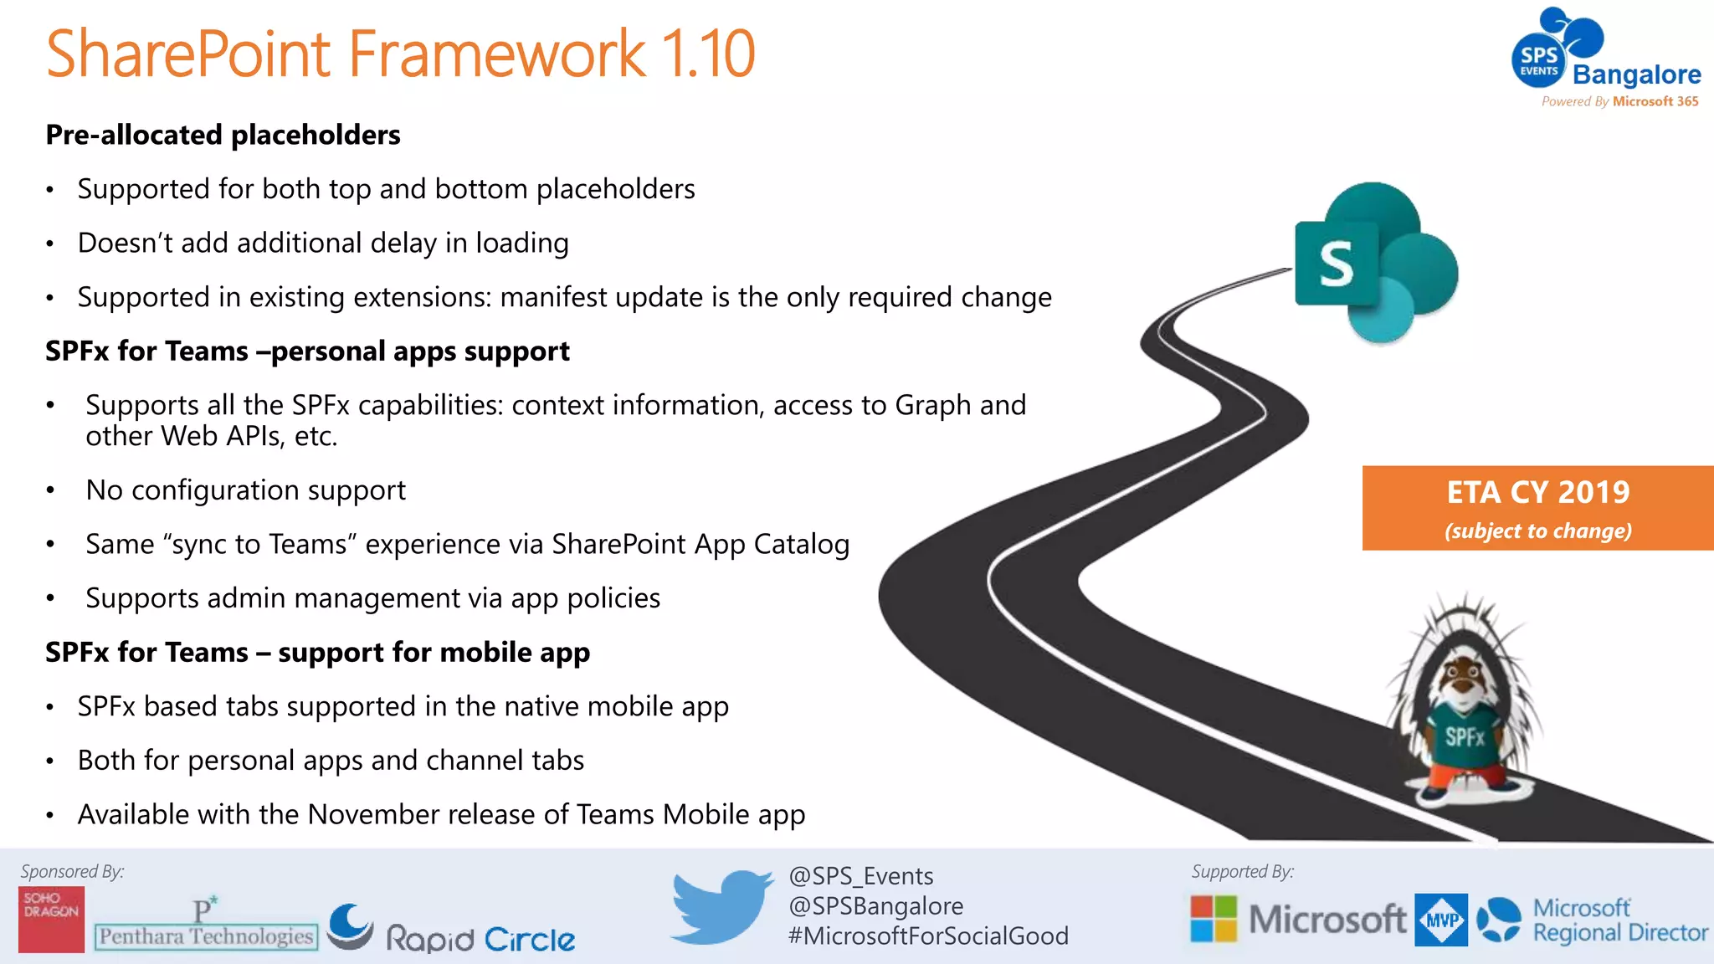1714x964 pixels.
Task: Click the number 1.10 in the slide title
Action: (x=707, y=54)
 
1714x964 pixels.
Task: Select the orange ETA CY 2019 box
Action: (x=1537, y=508)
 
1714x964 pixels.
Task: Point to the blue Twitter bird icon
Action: (x=721, y=906)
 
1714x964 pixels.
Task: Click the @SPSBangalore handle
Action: (x=875, y=906)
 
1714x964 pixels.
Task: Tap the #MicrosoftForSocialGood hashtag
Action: (x=928, y=936)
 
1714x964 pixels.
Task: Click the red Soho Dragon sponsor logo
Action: (x=51, y=919)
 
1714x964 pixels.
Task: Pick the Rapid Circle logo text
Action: (x=480, y=939)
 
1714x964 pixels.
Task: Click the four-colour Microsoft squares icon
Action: (x=1214, y=919)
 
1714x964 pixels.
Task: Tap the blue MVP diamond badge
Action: (x=1441, y=920)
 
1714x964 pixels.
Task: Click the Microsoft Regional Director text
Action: (x=1619, y=920)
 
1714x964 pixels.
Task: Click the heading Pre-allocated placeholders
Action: (x=223, y=135)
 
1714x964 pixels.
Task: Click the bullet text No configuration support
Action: (x=245, y=490)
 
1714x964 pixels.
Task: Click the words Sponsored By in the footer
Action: (x=72, y=871)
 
